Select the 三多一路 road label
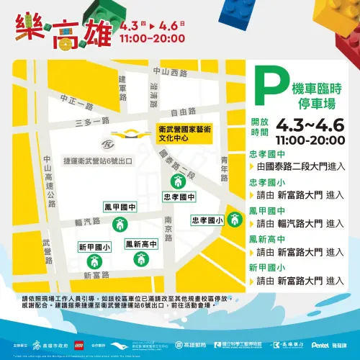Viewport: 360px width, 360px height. click(x=80, y=123)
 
